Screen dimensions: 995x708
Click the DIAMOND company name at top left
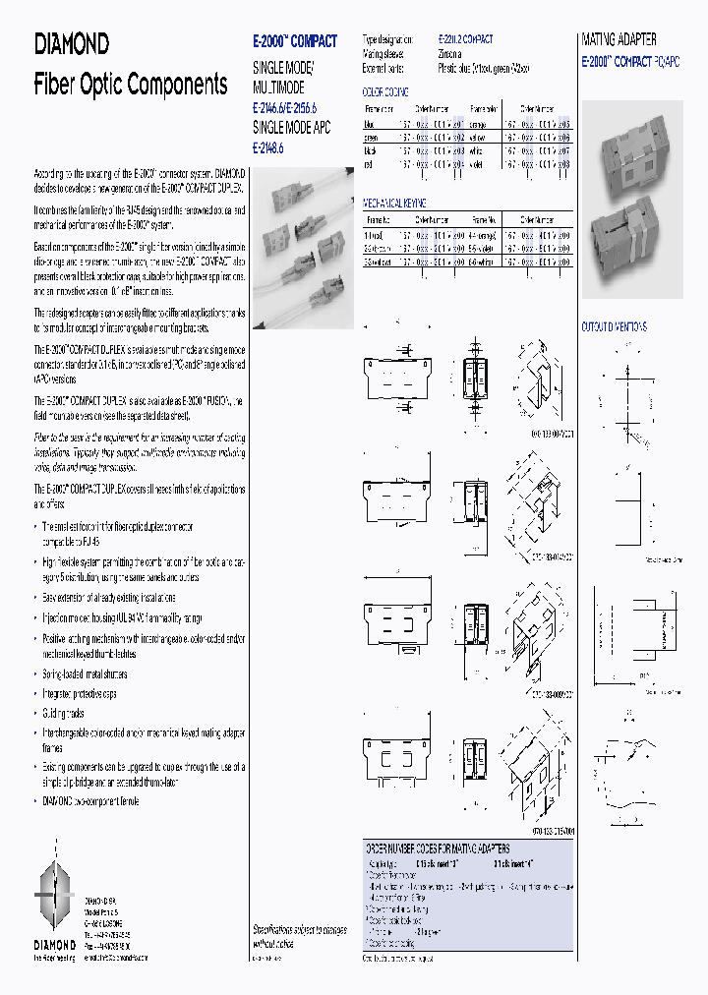click(72, 43)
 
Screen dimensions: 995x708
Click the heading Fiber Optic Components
click(131, 84)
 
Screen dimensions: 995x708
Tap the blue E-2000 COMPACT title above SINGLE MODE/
click(295, 41)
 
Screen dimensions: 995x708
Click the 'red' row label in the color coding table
click(370, 164)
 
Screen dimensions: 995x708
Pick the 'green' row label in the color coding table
click(372, 139)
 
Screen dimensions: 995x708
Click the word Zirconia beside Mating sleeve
click(451, 55)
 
